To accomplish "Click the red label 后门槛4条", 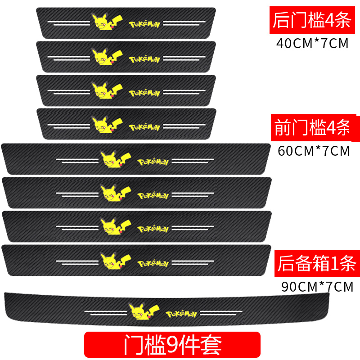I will [311, 20].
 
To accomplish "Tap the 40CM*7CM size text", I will [312, 44].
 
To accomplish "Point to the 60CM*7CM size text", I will [314, 150].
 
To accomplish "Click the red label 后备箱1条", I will [315, 261].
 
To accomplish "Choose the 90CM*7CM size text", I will [317, 287].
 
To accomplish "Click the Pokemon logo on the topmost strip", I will [144, 23].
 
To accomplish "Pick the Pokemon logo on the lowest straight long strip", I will [153, 262].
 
